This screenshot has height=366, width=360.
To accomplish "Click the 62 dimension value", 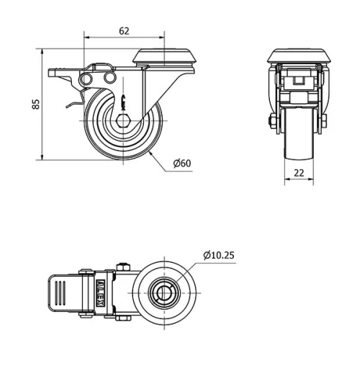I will (x=125, y=30).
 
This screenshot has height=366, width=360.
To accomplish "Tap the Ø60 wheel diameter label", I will (x=181, y=163).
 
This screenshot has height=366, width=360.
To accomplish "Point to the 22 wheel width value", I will (x=300, y=173).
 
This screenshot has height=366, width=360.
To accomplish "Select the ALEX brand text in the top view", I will (x=100, y=292).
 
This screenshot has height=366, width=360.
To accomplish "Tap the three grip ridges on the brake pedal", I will (x=60, y=293).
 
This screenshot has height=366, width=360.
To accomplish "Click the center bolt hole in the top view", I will (x=164, y=292).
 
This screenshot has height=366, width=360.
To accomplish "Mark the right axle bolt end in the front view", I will (x=325, y=120).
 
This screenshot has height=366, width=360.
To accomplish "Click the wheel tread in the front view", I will (x=300, y=144).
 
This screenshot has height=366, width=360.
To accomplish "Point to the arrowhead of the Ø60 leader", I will (x=150, y=152).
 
